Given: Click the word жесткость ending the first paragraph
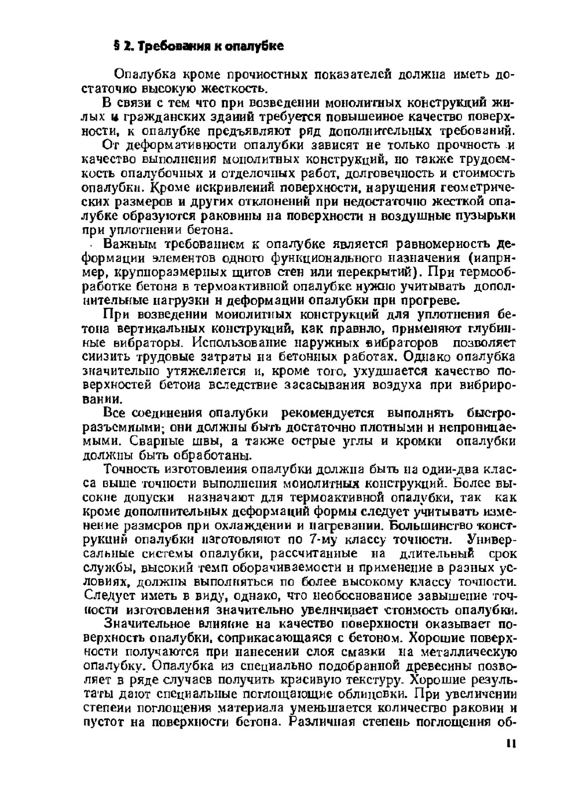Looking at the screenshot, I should (x=232, y=89).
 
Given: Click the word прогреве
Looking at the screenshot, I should (x=431, y=300).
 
